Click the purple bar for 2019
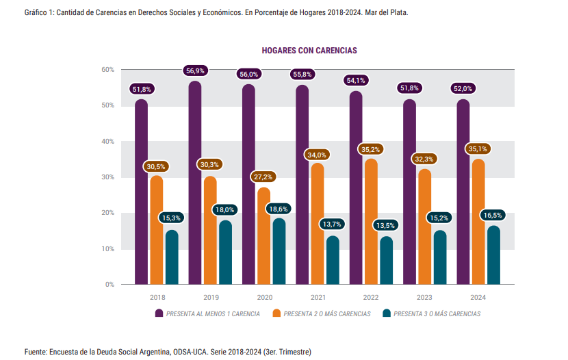pos(195,185)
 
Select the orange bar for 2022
pos(371,222)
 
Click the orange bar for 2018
pos(157,231)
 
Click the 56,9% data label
pos(195,70)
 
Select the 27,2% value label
pos(264,177)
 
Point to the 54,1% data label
pos(357,80)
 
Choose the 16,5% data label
pos(493,215)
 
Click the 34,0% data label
pos(318,155)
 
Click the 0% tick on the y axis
pos(109,284)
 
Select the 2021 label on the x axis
pos(318,298)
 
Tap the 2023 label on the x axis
pos(425,298)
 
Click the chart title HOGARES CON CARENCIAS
pos(309,51)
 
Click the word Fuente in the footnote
pos(36,351)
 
